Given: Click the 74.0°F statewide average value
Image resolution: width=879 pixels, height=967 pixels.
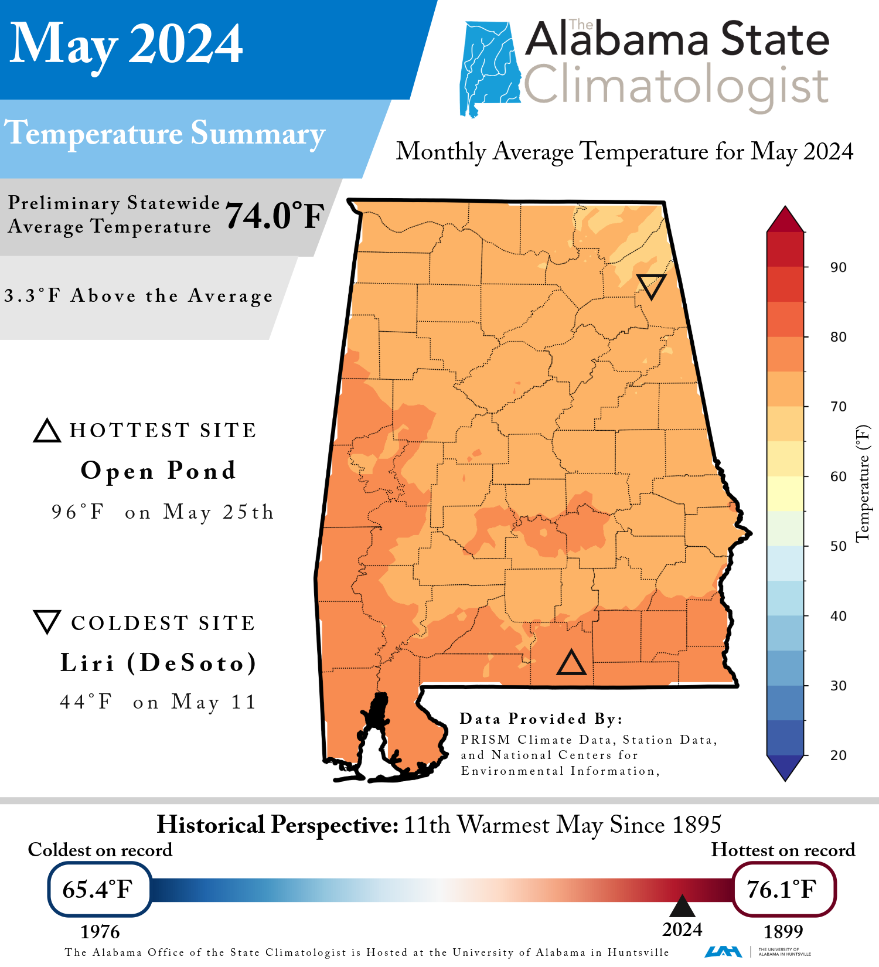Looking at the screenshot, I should click(274, 216).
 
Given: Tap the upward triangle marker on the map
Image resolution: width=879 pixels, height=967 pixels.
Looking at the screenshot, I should click(571, 663).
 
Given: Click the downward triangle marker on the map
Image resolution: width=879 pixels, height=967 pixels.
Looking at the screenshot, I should click(651, 285).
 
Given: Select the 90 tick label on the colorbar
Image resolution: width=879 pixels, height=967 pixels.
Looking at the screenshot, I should click(838, 267).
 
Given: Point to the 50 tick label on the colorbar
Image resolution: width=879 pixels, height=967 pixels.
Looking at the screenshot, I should click(838, 546).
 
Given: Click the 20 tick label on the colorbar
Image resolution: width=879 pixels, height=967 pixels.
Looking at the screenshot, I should click(838, 755).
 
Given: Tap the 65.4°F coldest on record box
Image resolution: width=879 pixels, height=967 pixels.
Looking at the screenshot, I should click(99, 889).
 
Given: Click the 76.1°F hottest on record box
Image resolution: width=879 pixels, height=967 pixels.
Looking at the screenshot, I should click(783, 889).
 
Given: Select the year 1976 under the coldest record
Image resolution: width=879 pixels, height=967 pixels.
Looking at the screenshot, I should click(100, 932).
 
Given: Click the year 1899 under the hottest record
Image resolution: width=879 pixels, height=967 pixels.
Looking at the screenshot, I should click(783, 931).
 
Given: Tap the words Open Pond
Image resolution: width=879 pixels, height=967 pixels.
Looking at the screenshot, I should click(158, 471).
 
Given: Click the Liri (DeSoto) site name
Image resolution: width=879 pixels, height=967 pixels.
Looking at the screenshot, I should click(158, 663).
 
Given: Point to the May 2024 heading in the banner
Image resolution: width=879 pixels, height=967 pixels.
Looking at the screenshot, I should click(126, 44).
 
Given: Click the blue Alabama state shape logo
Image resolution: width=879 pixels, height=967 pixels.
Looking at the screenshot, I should click(489, 67).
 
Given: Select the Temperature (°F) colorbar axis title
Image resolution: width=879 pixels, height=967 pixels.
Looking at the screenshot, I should click(863, 483).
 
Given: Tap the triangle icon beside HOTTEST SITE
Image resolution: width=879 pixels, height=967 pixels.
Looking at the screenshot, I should click(47, 431).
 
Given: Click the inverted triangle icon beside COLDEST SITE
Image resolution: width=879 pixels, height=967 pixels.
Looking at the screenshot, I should click(47, 621).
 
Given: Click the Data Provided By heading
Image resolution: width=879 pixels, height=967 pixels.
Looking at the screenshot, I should click(540, 719).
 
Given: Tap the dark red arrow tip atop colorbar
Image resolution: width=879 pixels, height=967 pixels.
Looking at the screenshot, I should click(785, 219).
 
